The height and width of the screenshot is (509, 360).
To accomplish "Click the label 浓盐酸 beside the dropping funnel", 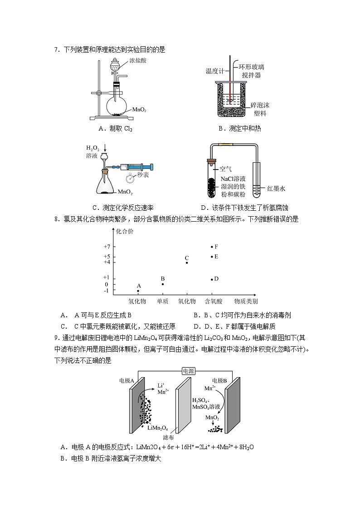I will (137, 60).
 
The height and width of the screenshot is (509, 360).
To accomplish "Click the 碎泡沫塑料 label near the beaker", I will (260, 109).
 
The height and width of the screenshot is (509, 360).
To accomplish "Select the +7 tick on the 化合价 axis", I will (107, 247).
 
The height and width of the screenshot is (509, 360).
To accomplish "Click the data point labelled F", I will (212, 247).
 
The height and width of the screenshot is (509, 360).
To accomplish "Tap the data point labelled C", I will (186, 263).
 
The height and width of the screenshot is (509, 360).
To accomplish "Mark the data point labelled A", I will (138, 291).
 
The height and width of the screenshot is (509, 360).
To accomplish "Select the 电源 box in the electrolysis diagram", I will (188, 370).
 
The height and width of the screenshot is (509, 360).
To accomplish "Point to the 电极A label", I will (126, 381).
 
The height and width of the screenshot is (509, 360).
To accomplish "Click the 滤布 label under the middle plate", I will (168, 437).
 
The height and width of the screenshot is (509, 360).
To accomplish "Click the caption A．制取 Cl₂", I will (115, 128).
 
